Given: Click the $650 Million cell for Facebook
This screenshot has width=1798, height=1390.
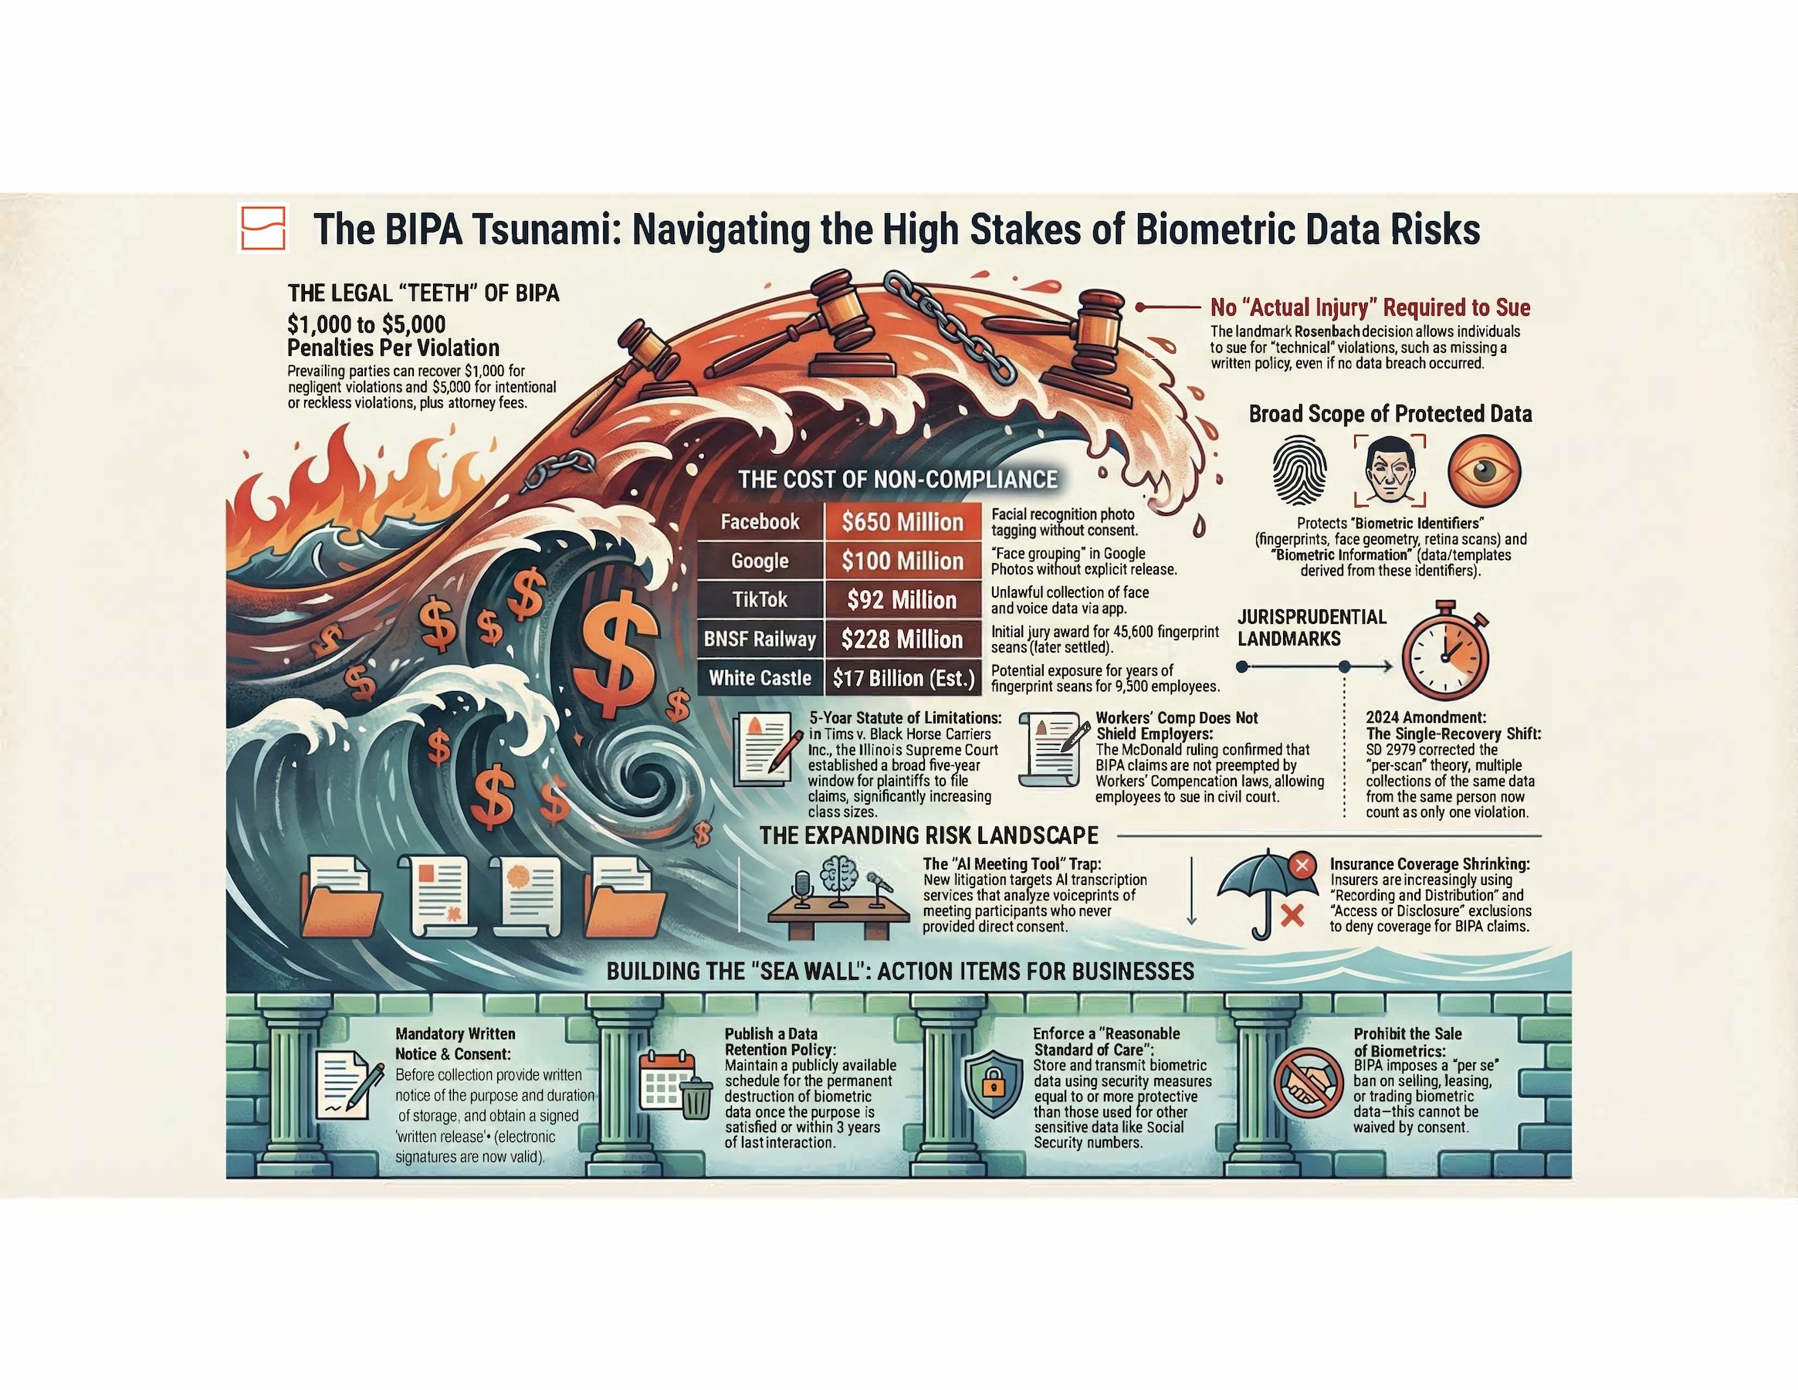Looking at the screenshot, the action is point(902,522).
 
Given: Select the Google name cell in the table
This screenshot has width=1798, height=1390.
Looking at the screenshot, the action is point(760,561).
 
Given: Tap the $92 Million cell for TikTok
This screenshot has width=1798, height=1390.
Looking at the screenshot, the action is point(902,599).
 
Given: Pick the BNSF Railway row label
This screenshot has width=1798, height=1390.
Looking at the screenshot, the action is point(760,639).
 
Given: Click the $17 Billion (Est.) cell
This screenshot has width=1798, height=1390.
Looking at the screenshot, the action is point(903,678).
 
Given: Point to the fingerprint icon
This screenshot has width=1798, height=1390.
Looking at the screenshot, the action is point(1299,470).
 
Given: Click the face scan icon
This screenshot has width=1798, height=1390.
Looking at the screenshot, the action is point(1390,471).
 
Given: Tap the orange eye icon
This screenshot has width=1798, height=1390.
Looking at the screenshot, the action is point(1485,471).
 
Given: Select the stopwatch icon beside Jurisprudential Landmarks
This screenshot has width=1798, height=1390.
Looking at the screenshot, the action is point(1446,650).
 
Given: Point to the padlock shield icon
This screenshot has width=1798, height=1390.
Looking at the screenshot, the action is point(992,1083).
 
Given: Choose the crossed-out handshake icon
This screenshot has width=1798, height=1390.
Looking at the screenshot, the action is point(1309,1083).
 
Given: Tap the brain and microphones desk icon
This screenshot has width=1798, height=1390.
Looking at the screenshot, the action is point(839,897).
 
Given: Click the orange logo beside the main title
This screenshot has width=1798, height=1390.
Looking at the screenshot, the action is point(263,228).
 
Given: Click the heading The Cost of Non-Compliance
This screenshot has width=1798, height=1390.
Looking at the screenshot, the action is point(897,480).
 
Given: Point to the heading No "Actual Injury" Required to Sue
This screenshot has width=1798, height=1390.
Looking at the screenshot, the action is point(1370,308).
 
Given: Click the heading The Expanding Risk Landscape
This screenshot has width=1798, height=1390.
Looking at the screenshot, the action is point(929,836).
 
